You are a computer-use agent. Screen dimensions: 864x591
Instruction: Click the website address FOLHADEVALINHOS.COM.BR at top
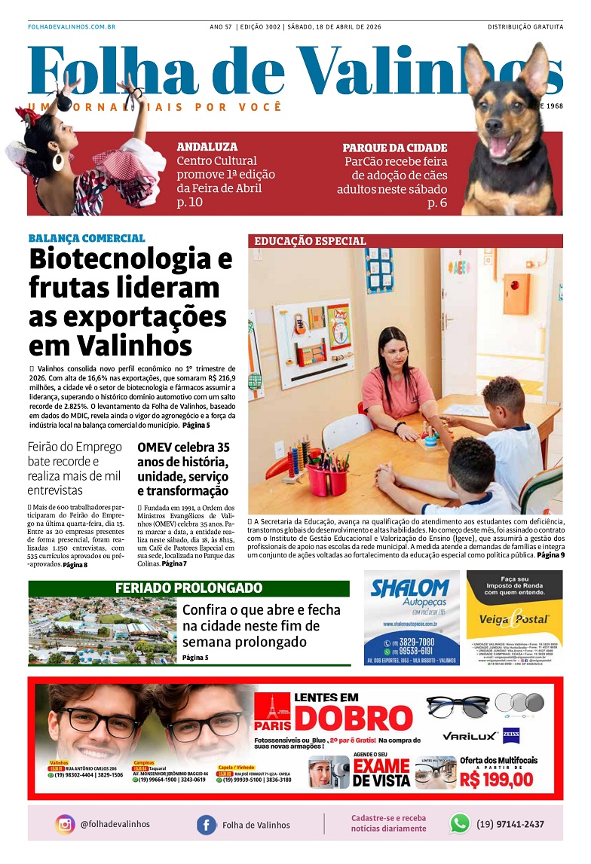[x=71, y=27]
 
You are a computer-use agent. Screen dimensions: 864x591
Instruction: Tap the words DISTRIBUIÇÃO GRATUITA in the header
[x=525, y=27]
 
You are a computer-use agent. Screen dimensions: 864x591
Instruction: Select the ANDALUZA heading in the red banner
[x=207, y=147]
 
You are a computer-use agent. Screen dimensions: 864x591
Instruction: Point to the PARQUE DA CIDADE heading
[x=394, y=148]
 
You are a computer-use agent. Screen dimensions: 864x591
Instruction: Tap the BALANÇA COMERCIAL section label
[x=87, y=238]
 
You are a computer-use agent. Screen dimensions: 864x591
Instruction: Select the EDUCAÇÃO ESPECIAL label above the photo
[x=310, y=241]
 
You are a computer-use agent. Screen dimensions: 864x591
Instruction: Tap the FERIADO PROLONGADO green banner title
[x=188, y=588]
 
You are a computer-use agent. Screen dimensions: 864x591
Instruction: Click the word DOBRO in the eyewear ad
[x=354, y=719]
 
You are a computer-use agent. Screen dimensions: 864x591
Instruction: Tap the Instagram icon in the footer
[x=65, y=824]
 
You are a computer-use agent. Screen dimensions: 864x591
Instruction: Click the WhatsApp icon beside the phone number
[x=459, y=823]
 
